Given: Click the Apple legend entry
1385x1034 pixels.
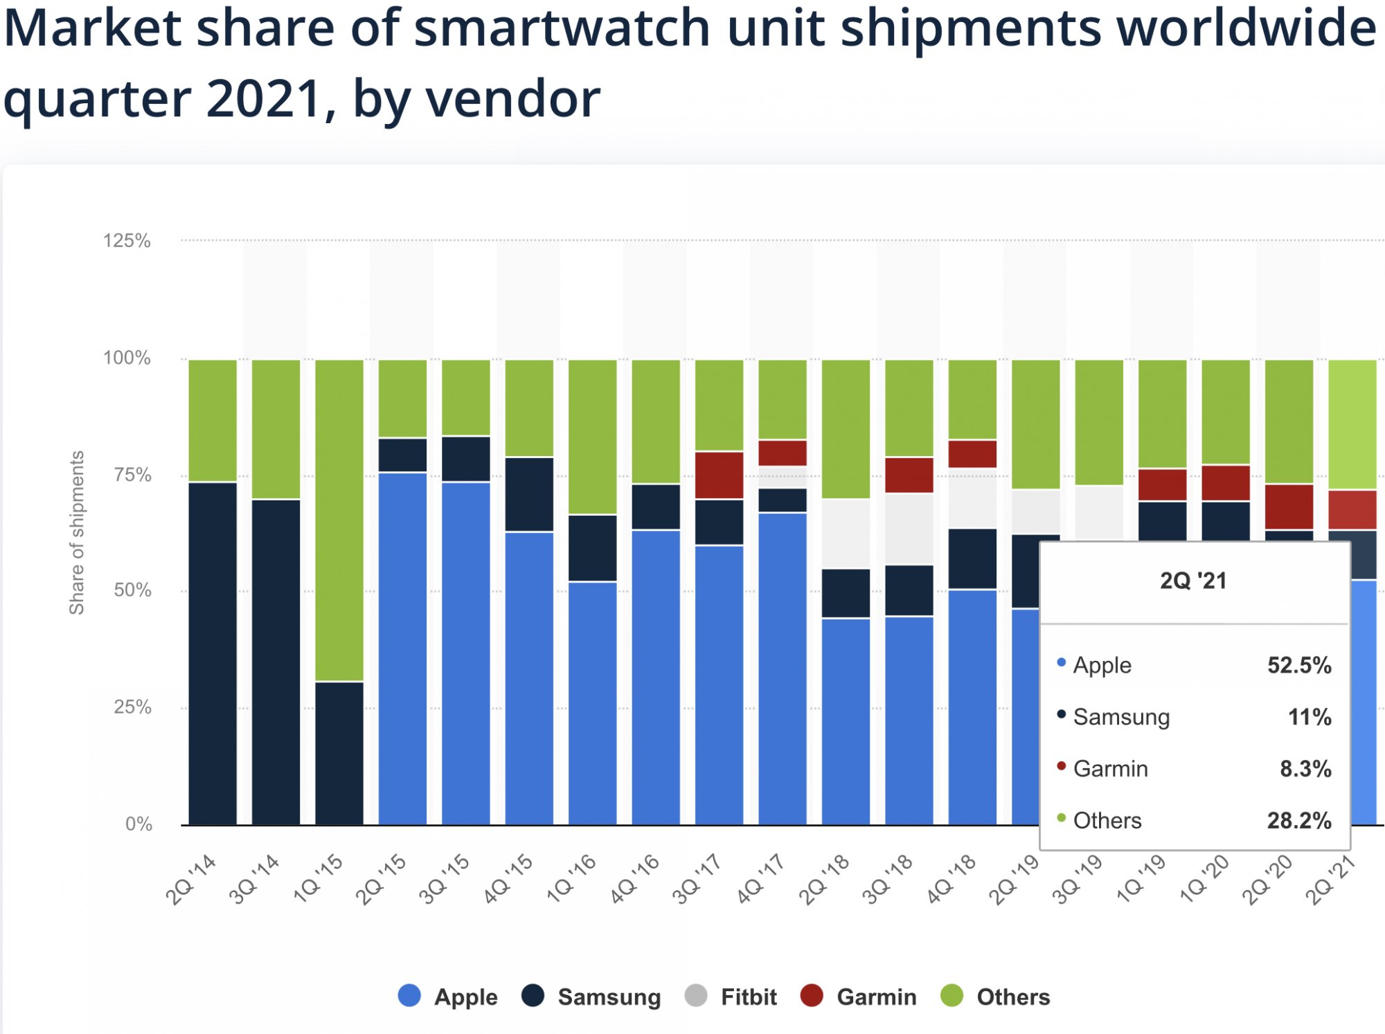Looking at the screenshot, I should point(449,997).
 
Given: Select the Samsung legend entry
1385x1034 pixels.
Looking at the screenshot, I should point(592,997).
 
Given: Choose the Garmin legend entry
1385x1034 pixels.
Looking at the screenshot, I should point(859,997).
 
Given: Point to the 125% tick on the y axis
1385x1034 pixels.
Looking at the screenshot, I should point(127,241).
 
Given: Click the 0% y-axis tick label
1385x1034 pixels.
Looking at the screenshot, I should point(138,824).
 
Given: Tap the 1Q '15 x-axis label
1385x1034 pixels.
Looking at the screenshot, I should point(318,879).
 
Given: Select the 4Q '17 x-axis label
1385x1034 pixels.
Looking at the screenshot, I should point(760,879).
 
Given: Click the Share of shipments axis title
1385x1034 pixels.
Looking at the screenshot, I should point(77,532).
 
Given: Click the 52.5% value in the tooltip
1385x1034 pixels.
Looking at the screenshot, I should point(1299,665).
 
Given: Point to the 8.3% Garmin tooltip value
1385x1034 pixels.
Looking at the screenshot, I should point(1305,768).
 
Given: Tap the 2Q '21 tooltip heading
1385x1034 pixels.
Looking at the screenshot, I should point(1193,581).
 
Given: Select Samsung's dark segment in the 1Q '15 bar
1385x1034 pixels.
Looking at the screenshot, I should point(339,753).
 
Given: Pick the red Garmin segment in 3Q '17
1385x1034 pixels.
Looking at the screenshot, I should point(720,475).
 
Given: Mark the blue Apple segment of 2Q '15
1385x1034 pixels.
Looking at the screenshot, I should point(402,648).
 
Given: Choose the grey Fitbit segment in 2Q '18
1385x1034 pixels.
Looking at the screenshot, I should point(846,534).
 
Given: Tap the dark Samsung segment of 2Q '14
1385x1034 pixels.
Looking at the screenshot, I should point(213,653).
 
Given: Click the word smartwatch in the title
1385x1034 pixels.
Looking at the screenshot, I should point(562,29).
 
